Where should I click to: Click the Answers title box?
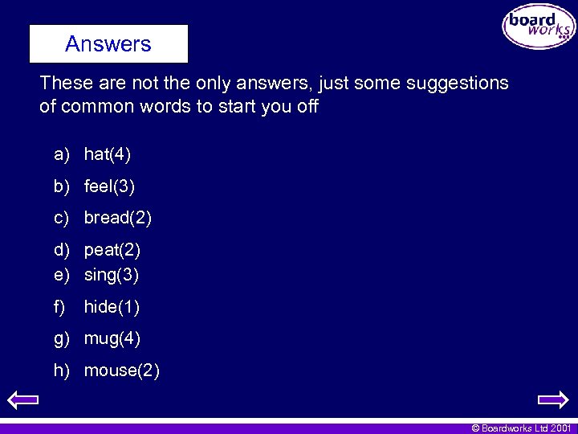(x=108, y=43)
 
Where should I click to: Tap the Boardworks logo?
(x=539, y=27)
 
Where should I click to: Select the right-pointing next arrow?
(x=552, y=399)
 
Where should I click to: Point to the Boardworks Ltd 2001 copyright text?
(x=521, y=428)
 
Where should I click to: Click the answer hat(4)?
(x=108, y=154)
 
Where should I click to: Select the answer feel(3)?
(x=109, y=187)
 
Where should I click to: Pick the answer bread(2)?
(x=117, y=218)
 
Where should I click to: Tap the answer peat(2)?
(x=112, y=250)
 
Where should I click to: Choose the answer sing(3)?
(x=111, y=275)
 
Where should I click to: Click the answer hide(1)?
(x=112, y=307)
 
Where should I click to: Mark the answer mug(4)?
(x=112, y=339)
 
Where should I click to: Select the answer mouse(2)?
(x=121, y=371)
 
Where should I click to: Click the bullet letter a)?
(x=62, y=154)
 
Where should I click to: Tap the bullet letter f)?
(x=60, y=307)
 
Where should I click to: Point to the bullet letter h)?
(x=62, y=371)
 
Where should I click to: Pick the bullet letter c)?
(x=62, y=218)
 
